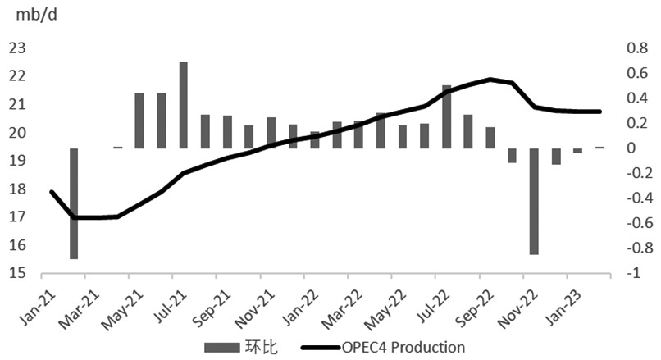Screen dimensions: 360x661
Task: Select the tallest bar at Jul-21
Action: [x=183, y=105]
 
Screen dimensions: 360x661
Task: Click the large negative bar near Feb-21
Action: [x=74, y=203]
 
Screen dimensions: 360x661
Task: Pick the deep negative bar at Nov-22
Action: [x=534, y=201]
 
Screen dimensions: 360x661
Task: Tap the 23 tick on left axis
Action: [x=17, y=48]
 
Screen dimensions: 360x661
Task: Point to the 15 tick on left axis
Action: [x=17, y=274]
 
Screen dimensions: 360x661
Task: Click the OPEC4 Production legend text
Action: [x=403, y=347]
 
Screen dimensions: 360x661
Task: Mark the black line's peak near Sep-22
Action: [x=490, y=80]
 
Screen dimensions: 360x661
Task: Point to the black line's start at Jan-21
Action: [x=52, y=192]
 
